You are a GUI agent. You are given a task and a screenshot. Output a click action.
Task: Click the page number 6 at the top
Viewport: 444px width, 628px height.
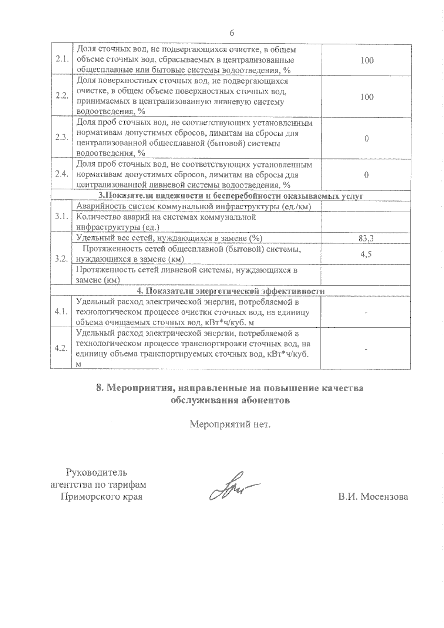coord(232,33)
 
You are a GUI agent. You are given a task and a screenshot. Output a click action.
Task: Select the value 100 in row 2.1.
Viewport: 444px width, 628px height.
coord(367,60)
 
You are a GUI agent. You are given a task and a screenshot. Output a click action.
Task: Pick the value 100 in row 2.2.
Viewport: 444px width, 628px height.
coord(367,97)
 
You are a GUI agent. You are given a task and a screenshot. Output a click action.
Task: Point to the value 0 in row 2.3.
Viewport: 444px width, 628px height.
coord(366,139)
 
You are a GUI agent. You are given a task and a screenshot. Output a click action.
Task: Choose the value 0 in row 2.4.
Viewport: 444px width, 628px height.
coord(366,175)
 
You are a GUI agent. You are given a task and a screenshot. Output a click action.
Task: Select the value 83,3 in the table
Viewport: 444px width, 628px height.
coord(366,239)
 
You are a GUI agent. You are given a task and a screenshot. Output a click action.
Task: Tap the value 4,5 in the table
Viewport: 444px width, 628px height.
coord(366,254)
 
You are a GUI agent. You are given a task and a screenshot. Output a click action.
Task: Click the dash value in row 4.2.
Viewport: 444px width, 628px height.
coord(366,348)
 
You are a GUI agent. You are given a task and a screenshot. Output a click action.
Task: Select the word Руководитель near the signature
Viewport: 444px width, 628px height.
coord(97,472)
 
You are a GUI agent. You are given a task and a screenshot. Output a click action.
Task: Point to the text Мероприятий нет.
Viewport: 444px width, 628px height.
coord(231,424)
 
